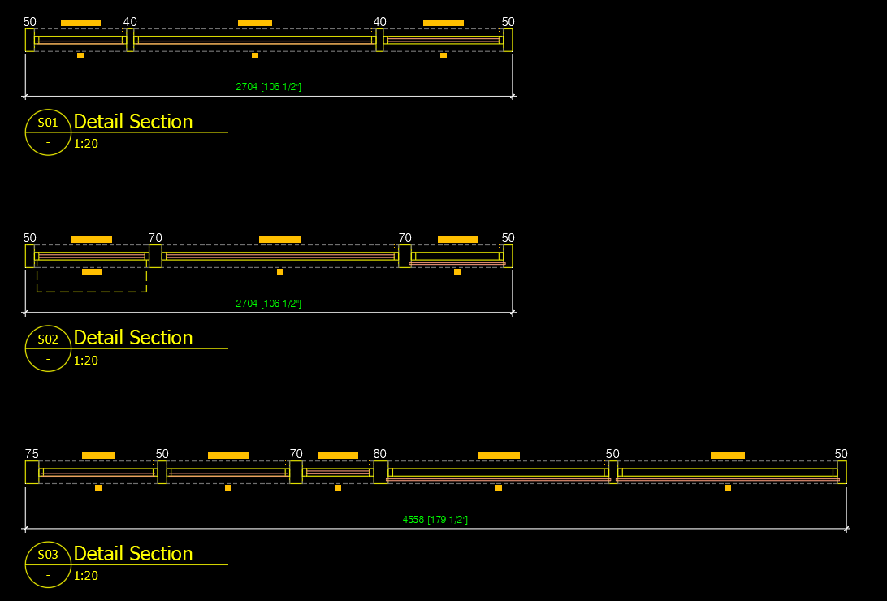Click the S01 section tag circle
pos(48,132)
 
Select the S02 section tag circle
pos(48,348)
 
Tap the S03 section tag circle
pos(48,564)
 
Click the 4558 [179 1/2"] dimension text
pos(435,520)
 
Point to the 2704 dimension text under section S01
pos(269,87)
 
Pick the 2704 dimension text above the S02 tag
pos(269,304)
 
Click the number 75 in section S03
pos(32,454)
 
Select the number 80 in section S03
pos(380,454)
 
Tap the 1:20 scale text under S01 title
pos(85,144)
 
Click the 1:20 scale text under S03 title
pos(85,576)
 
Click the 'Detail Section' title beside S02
pos(133,338)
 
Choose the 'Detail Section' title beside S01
pos(133,122)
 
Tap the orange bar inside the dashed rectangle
pos(92,272)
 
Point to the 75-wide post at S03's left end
pos(32,473)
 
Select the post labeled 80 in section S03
pos(380,473)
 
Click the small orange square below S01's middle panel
pos(255,55)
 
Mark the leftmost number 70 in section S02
pos(155,238)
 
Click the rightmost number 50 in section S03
pos(841,454)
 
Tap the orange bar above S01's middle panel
pos(255,23)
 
